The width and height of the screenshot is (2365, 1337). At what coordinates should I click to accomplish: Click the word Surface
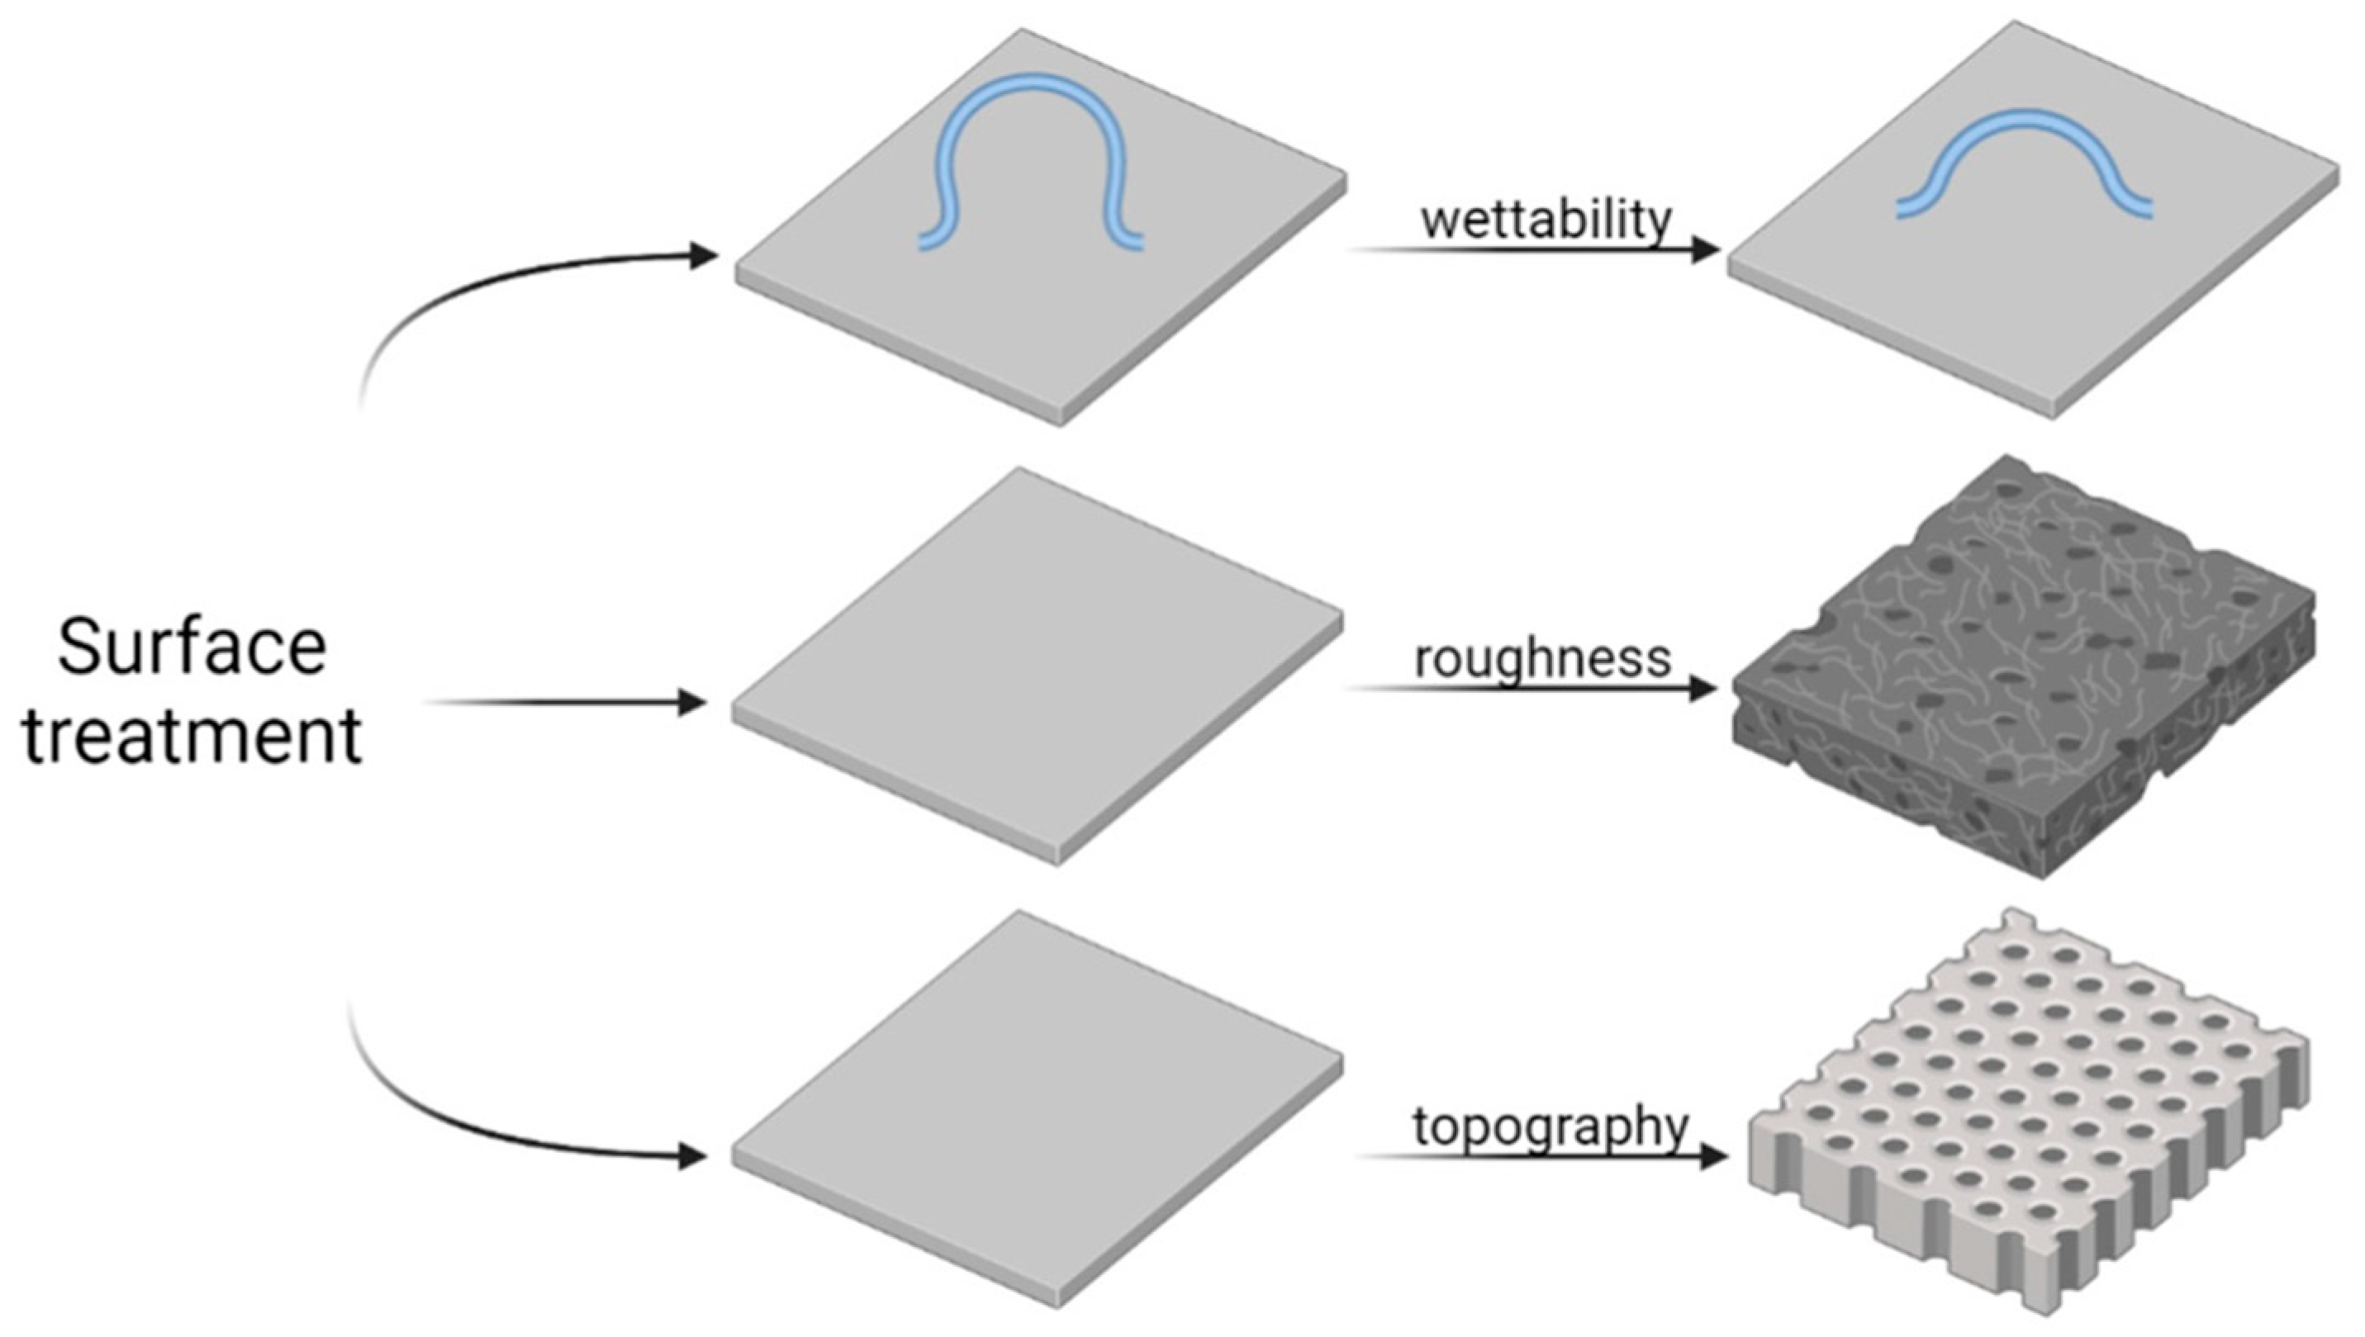click(x=192, y=647)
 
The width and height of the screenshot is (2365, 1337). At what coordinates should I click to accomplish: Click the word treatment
click(x=192, y=737)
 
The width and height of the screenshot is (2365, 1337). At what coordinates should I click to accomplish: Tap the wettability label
click(x=1546, y=221)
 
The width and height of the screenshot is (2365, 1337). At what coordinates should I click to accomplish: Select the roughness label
click(x=1542, y=659)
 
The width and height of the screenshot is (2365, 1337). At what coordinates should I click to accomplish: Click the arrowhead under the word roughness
click(x=1701, y=688)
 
